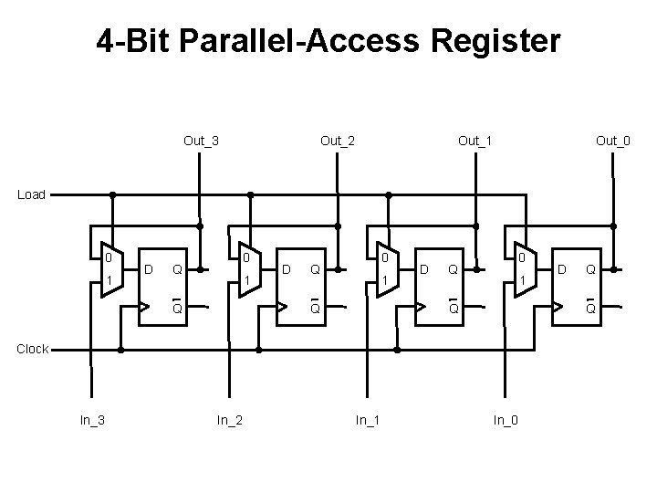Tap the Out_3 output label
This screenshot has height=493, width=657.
201,141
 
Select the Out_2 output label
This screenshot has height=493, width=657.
338,141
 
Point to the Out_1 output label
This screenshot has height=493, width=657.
475,141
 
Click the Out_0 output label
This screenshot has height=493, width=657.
612,141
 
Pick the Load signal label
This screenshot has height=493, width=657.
31,194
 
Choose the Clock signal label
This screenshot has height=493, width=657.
32,349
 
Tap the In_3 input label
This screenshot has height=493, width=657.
90,420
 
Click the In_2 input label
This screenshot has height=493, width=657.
228,420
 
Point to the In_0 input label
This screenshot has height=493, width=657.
506,420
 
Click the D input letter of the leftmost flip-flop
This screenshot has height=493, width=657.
149,268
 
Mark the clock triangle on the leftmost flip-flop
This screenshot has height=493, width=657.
143,307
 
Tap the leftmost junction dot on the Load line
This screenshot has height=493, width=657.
113,194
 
